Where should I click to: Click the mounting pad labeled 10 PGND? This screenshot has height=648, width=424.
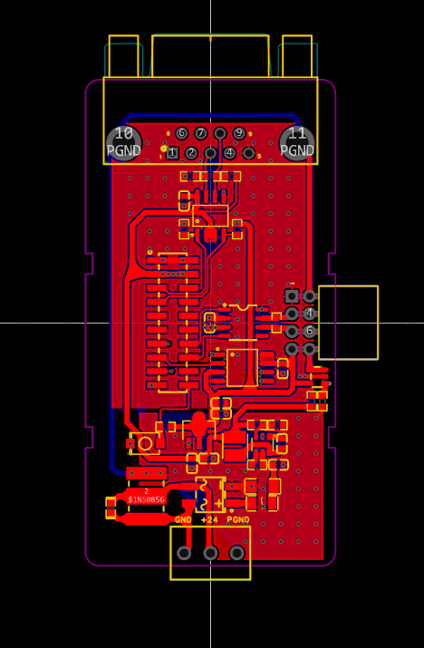[x=123, y=142]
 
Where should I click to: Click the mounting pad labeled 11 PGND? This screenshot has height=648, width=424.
[x=297, y=142]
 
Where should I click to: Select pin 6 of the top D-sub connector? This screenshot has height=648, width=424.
[x=181, y=133]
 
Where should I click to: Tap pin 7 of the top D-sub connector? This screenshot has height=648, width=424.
[x=200, y=133]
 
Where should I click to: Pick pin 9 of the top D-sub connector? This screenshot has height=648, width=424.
[x=239, y=133]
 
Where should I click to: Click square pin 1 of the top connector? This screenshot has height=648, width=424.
[x=172, y=153]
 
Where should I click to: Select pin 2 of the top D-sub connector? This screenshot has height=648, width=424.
[x=191, y=153]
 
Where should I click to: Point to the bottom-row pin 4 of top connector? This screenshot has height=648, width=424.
[x=230, y=153]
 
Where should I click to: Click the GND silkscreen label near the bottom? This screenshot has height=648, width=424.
[x=183, y=520]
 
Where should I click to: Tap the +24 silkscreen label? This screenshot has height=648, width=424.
[x=209, y=520]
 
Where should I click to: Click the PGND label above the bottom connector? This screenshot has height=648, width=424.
[x=238, y=520]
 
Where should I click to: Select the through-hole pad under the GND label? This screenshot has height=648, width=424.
[x=184, y=553]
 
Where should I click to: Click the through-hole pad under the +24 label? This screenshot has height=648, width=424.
[x=210, y=553]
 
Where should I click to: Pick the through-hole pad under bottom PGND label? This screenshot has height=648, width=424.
[x=237, y=553]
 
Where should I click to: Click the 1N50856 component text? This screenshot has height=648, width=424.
[x=146, y=499]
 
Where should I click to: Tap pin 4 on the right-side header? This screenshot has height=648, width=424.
[x=310, y=314]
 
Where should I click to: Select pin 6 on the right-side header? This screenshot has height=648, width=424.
[x=310, y=332]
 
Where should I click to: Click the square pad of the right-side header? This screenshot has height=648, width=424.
[x=292, y=296]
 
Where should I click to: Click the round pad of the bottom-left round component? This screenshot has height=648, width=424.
[x=144, y=444]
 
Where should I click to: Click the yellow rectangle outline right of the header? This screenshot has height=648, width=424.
[x=348, y=323]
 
